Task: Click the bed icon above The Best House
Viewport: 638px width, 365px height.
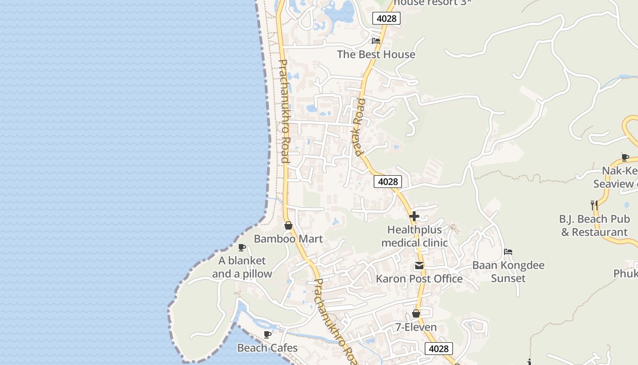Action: coord(376,41)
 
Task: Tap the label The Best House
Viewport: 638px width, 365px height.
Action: coord(376,54)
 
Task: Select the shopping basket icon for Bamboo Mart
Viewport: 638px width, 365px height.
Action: coord(288,225)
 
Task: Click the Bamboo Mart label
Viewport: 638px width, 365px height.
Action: coord(288,239)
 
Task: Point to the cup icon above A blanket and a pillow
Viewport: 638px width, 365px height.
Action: coord(242,248)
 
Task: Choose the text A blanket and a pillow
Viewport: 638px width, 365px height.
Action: coord(242,267)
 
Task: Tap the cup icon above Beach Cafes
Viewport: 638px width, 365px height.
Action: coord(268,334)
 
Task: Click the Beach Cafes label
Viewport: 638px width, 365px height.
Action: coord(268,348)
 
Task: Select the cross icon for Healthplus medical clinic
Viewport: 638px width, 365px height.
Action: coord(414,216)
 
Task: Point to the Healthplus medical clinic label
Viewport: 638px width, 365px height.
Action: coord(414,236)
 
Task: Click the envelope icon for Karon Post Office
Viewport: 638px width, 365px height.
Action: coord(419,266)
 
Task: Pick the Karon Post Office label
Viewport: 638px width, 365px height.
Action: coord(419,279)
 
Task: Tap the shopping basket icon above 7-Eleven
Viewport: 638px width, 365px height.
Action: coord(416,314)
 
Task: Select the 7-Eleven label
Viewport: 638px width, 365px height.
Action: coord(416,327)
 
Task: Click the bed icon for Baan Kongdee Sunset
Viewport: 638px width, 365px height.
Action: coord(508,252)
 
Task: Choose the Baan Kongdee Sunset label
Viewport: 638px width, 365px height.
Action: coord(508,271)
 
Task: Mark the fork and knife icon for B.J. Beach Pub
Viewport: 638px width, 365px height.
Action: coord(594,205)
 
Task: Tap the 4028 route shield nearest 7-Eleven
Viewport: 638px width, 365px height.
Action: coord(439,349)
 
